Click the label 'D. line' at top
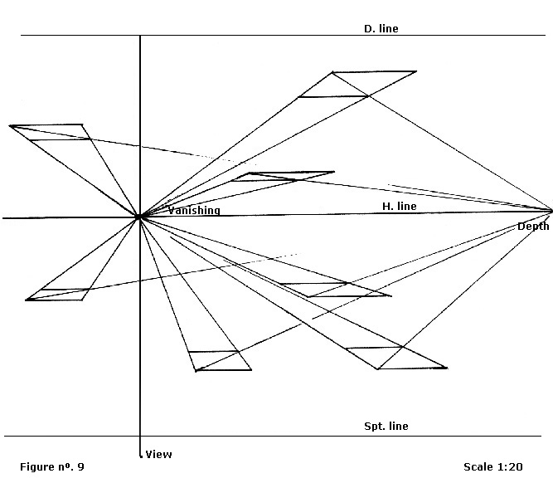pos(381,29)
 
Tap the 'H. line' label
pos(399,206)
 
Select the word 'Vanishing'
pos(194,211)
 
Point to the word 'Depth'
pos(533,227)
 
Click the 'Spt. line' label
pos(386,427)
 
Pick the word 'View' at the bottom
pos(158,454)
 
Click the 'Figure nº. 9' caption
pos(52,467)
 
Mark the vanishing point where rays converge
pos(139,217)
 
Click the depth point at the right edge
pos(550,210)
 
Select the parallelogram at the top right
pos(357,85)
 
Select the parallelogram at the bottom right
pos(396,358)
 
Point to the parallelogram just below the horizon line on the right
pos(336,290)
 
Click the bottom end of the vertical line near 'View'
pos(140,456)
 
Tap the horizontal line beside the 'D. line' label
pos(249,36)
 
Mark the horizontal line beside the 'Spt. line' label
pos(249,437)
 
